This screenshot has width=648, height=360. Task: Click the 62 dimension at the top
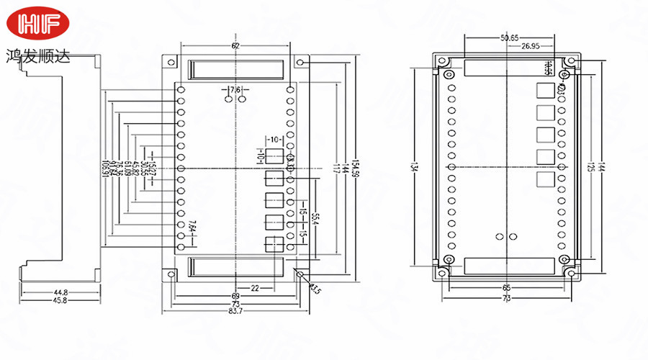pos(235,46)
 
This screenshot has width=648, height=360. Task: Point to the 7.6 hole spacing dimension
pos(235,89)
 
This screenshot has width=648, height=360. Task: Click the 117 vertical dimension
pos(336,168)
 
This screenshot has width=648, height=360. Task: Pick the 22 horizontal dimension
pos(255,288)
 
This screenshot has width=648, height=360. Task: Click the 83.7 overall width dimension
pos(235,310)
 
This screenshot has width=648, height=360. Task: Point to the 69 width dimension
pos(235,296)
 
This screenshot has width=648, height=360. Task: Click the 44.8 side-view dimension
pos(60,292)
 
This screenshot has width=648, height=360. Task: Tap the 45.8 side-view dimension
pos(60,300)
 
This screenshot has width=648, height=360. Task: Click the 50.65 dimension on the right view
pos(508,37)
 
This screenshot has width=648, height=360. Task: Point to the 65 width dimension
pos(507,287)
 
